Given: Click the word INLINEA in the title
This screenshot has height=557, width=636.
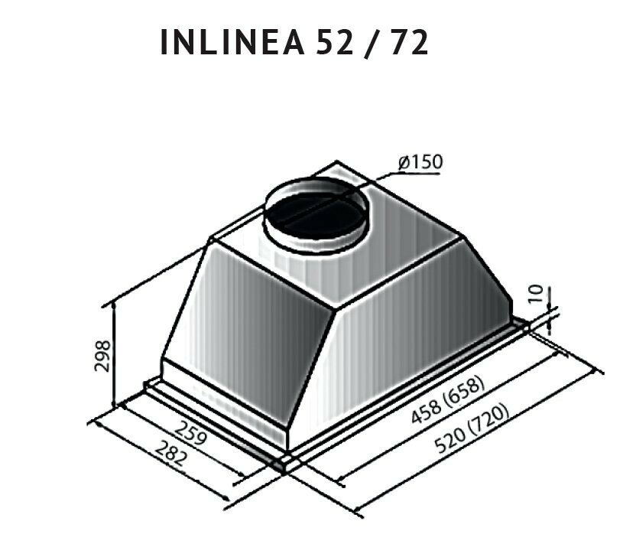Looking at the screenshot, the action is (232, 42).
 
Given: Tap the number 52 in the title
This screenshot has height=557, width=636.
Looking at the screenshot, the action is (335, 42).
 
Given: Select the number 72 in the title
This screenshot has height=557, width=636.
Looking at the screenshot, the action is (408, 42).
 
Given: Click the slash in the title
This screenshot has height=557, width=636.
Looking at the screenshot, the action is (372, 43).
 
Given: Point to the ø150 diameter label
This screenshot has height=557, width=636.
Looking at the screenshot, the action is (420, 162).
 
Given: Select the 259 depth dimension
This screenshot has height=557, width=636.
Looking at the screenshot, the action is (191, 433).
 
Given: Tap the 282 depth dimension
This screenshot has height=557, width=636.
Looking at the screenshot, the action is (171, 454).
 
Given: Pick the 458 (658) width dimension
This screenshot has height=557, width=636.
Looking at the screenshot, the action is (448, 400).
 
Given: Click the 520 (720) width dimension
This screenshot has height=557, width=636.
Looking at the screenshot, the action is (472, 428).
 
